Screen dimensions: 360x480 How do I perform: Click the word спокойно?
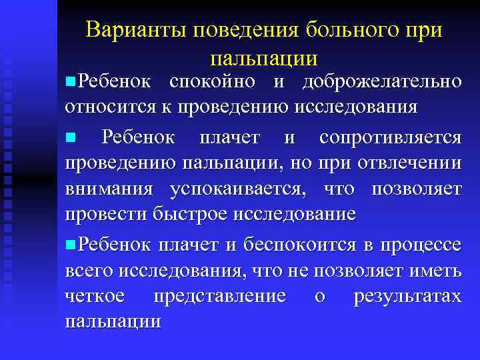[213, 83]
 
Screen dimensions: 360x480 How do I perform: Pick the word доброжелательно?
[381, 83]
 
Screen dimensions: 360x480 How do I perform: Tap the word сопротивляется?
[390, 138]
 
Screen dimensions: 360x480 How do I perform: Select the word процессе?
[419, 246]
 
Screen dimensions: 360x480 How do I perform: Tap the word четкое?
[98, 295]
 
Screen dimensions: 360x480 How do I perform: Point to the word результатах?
[407, 297]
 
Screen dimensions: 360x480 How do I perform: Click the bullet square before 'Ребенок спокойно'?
[70, 82]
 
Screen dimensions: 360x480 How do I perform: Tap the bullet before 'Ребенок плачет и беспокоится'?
[70, 245]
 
